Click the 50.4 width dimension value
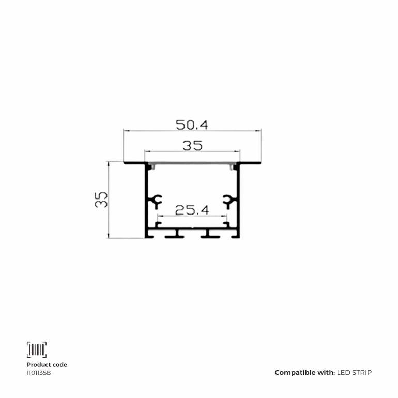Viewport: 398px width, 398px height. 192,125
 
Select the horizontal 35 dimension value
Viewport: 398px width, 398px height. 192,145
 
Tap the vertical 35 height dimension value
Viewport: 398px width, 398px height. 101,200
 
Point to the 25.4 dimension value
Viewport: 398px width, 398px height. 192,210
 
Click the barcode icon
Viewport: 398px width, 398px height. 37,349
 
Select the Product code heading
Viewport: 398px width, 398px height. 47,365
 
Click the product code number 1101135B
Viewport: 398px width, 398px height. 39,373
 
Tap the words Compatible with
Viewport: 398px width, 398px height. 305,372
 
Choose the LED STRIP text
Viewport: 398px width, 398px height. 355,372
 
